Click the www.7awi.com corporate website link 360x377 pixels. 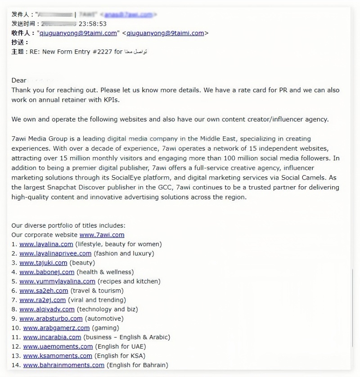102,235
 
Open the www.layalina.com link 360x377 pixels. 46,244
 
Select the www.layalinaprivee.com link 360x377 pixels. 55,253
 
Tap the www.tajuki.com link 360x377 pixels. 43,263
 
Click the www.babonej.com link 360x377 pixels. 47,272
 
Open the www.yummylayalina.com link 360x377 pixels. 57,282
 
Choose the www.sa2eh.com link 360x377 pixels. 44,291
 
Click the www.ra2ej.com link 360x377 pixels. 42,300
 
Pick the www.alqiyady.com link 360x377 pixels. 47,310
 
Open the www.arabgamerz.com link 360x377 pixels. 56,328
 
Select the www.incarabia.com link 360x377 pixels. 52,337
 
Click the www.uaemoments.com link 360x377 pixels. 58,346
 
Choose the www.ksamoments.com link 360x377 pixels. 58,356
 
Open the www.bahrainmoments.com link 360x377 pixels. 63,365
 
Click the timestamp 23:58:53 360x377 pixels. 93,24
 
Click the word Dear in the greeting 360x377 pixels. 19,81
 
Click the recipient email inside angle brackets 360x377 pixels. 165,33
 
